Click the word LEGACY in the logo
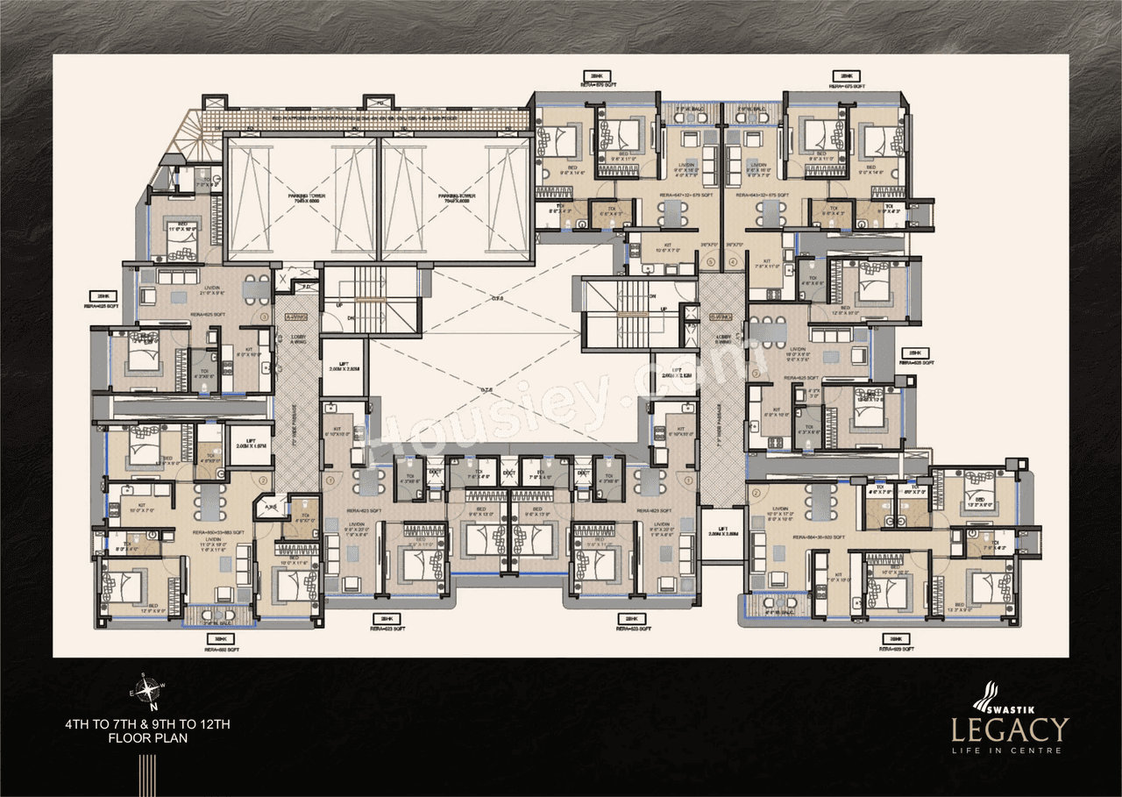coord(1011,730)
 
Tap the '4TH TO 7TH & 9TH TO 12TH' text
coord(146,724)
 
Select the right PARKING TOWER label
coord(457,196)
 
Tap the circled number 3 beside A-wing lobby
coord(262,317)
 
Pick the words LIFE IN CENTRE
coord(1011,751)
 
